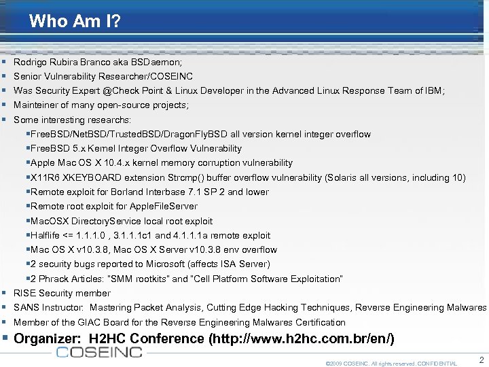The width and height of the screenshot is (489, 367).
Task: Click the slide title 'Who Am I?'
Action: click(75, 21)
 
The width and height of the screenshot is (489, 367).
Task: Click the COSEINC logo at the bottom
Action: click(99, 351)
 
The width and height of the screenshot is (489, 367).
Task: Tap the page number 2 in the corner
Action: click(481, 360)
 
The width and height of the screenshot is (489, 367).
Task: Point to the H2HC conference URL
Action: click(301, 338)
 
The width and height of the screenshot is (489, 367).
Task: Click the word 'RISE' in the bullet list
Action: click(24, 293)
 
